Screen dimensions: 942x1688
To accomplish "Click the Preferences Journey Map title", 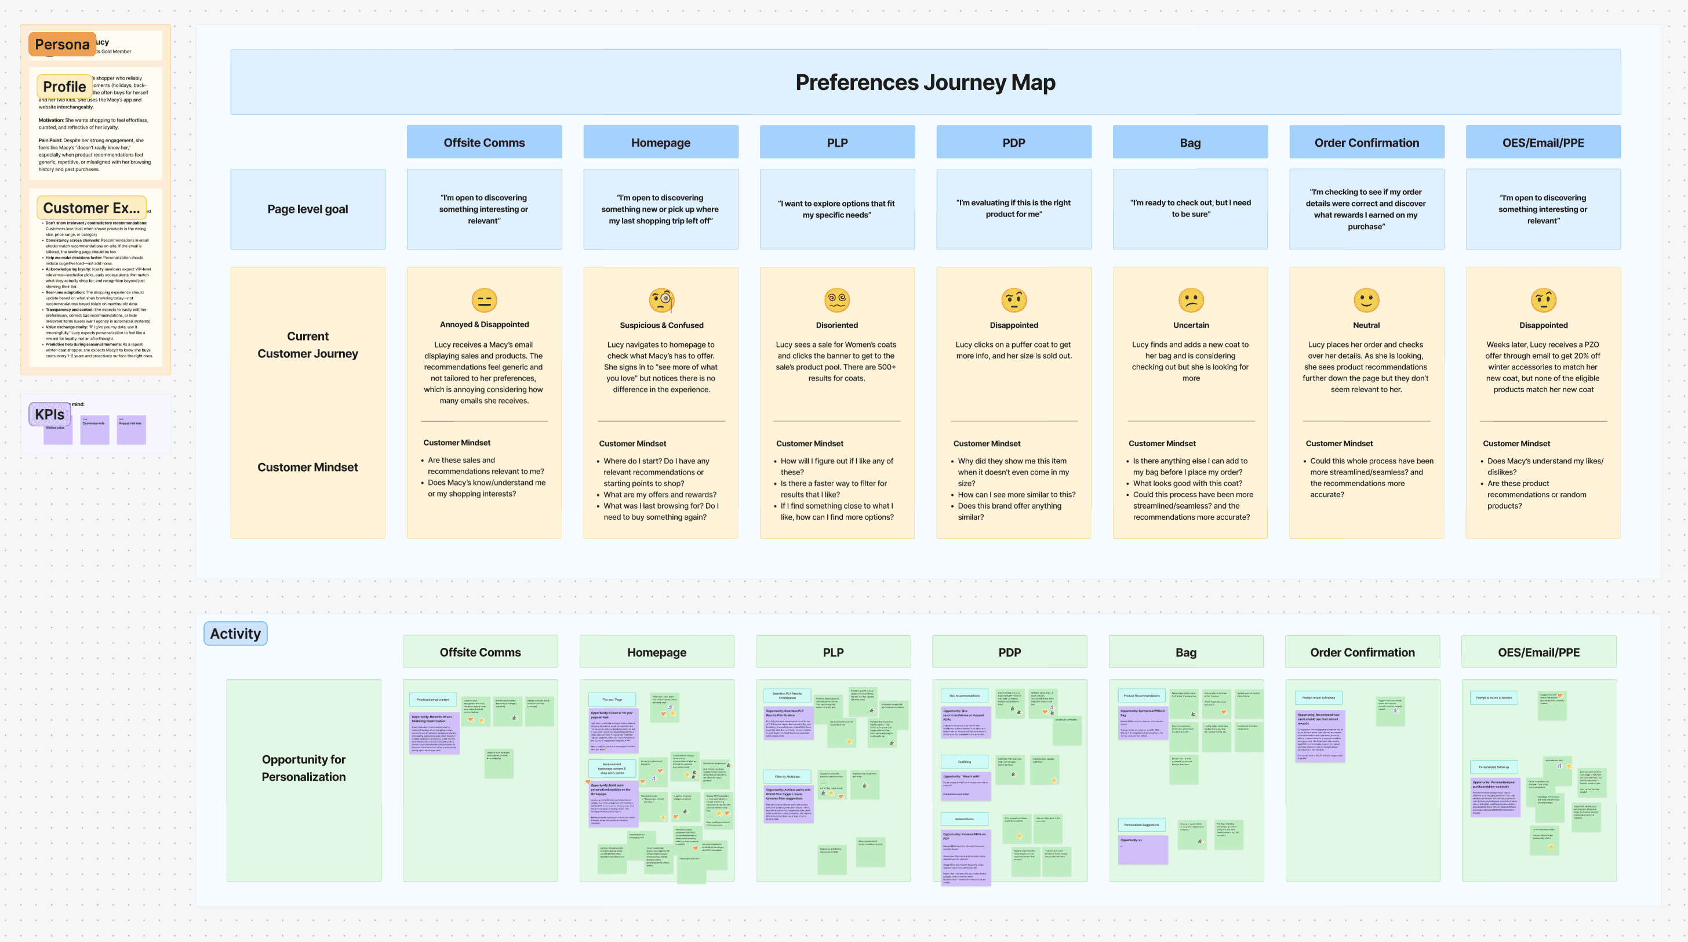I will (925, 82).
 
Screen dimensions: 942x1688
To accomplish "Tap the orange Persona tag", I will (61, 45).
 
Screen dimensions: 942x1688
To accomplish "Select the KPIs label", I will (49, 414).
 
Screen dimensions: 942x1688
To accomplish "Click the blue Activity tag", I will (235, 633).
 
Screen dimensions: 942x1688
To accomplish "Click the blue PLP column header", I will (837, 142).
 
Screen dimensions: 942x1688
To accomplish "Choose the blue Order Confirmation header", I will (1366, 142).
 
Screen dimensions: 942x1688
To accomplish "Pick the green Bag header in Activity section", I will (1185, 651).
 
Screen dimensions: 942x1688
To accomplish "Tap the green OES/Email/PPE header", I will (1538, 651).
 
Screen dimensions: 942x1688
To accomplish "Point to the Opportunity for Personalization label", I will (303, 767).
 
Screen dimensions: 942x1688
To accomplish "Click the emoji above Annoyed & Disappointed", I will (484, 300).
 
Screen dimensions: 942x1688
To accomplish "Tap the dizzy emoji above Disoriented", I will (837, 300).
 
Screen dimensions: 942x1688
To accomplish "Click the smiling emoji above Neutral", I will (1366, 300).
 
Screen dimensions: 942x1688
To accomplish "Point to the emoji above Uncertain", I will (1191, 300).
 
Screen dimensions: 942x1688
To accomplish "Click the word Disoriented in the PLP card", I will (837, 325).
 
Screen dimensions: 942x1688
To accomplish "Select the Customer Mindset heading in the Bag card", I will (1162, 444).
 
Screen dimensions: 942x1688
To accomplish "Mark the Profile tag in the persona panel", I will (64, 86).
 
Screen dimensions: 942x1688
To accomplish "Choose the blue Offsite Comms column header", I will (483, 142).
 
